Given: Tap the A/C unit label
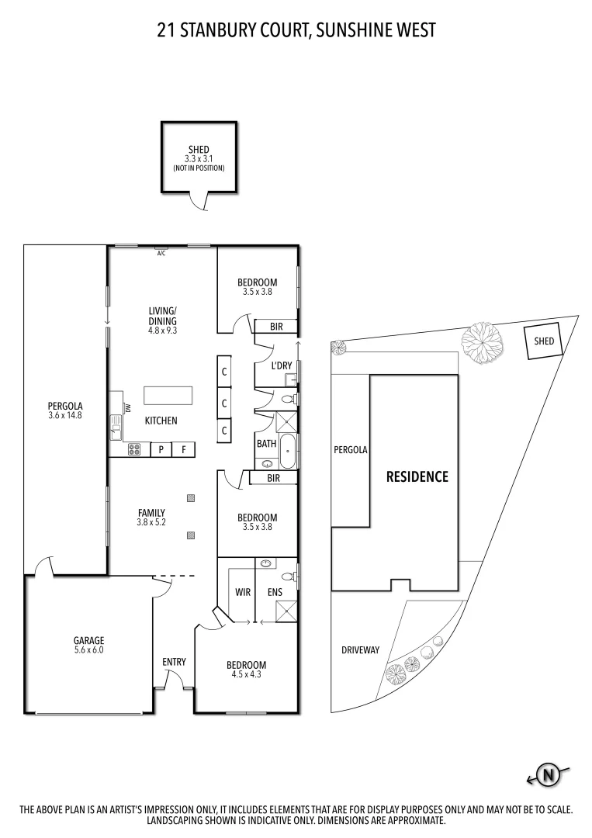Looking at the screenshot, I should tap(161, 253).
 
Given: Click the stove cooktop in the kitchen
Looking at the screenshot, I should tap(133, 448).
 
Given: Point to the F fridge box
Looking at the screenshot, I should tap(184, 449).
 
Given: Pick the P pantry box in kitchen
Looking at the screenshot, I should tap(161, 449).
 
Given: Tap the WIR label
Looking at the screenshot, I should tap(243, 592).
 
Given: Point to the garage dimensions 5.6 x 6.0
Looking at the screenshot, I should tap(88, 650).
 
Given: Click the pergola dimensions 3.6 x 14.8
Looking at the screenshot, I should tap(65, 415).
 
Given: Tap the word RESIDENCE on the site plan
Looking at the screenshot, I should tap(417, 476).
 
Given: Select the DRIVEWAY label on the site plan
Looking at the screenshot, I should tap(361, 649).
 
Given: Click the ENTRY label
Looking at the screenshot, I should tap(174, 662).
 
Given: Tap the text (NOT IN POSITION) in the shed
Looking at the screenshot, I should tap(199, 168).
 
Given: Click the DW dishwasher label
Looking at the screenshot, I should tap(128, 408).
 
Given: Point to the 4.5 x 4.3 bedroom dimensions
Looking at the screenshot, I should tap(246, 675).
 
